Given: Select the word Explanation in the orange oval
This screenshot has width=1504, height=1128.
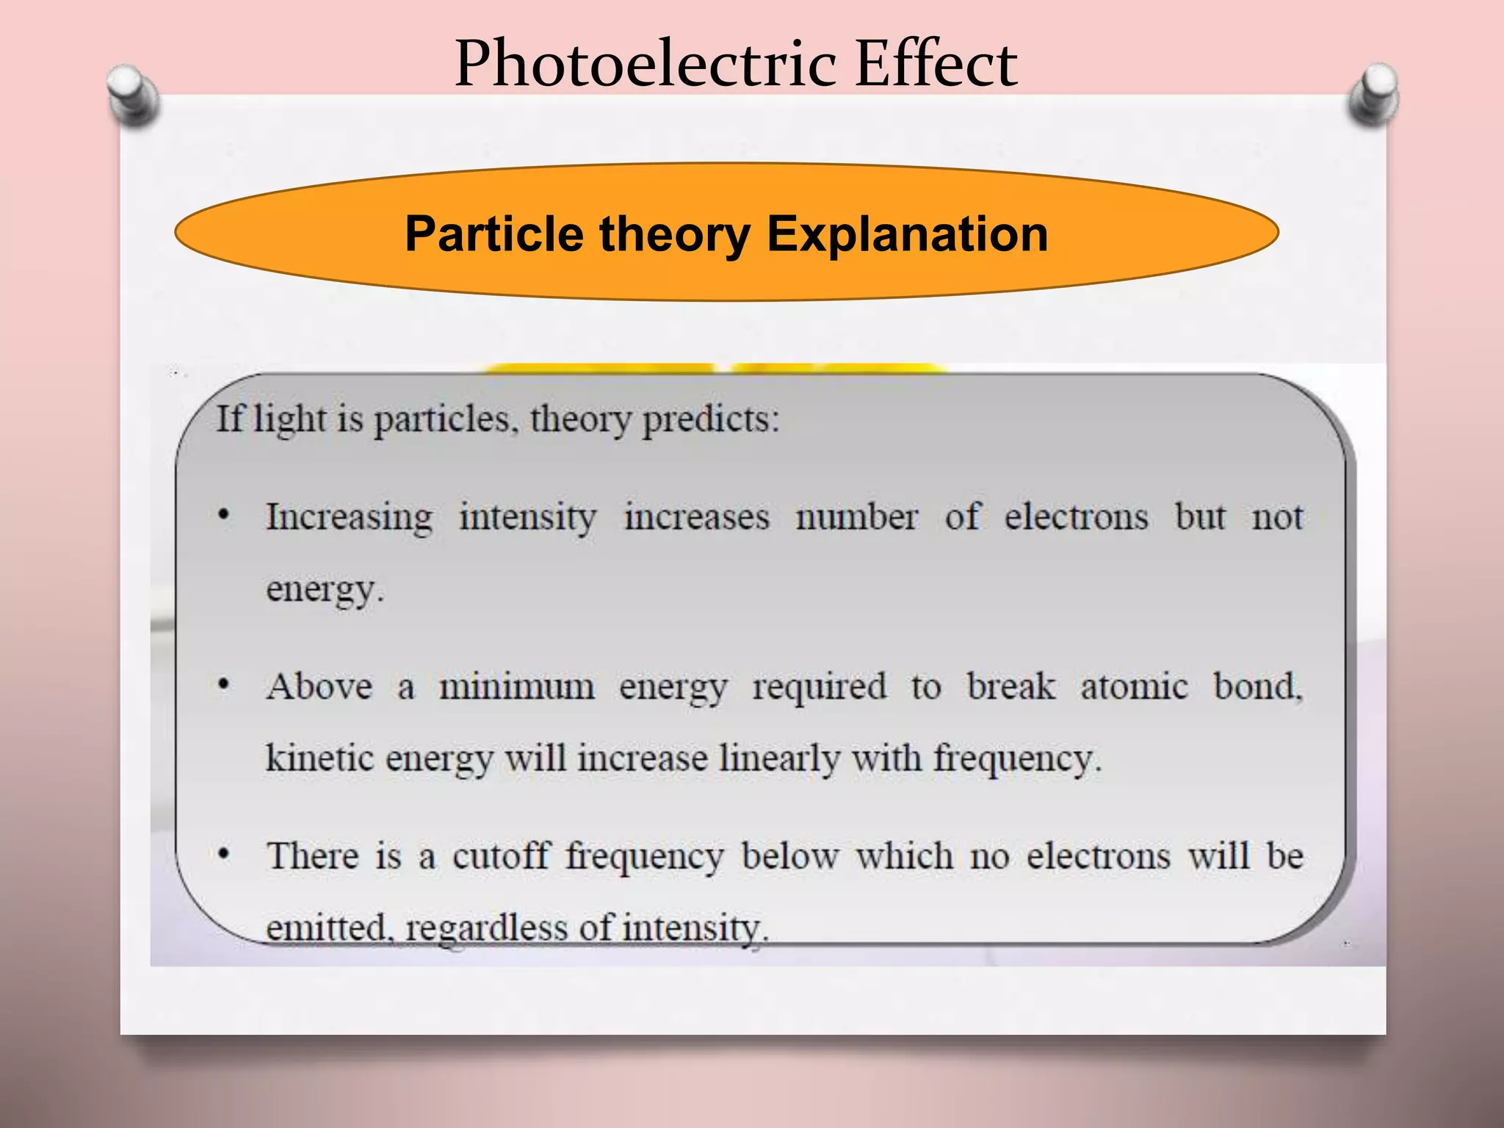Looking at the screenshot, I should [x=907, y=234].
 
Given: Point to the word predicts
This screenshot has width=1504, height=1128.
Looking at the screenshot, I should [x=710, y=420].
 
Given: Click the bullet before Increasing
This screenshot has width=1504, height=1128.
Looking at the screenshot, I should [x=225, y=516].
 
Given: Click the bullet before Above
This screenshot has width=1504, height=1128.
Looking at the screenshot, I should [x=225, y=686].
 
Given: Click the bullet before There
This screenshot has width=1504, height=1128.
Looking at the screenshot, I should [x=225, y=855].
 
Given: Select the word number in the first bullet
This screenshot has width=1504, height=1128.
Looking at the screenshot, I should [x=856, y=517].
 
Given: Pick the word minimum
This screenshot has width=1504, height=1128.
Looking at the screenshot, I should [x=516, y=687].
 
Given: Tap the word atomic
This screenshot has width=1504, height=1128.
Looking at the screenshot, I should [x=1133, y=687].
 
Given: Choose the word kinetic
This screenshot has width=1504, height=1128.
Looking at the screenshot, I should [x=319, y=758].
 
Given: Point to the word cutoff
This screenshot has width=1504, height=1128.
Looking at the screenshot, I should [x=501, y=856].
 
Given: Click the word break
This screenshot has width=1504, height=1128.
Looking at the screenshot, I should [x=1010, y=687].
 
